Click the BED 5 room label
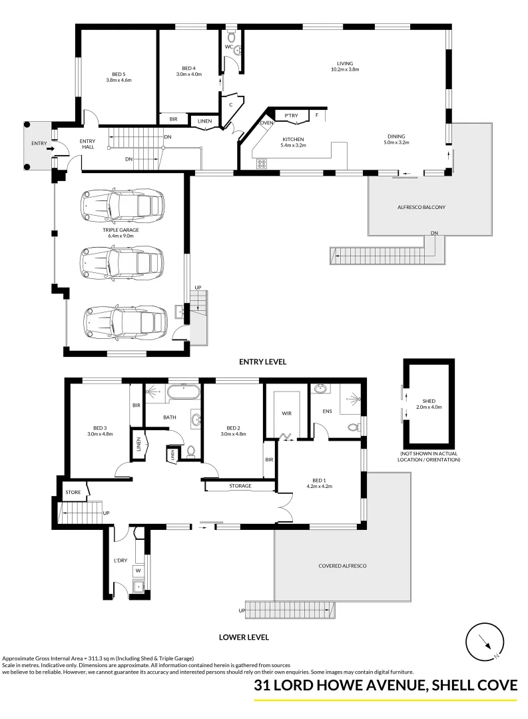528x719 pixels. (x=119, y=75)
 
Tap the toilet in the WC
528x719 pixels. (x=232, y=35)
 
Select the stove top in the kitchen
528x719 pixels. (x=262, y=164)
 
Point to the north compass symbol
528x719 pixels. (x=485, y=642)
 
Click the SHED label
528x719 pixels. (x=428, y=401)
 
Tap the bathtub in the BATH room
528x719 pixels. (x=183, y=393)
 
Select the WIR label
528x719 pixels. (x=287, y=413)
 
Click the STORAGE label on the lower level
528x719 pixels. (x=240, y=485)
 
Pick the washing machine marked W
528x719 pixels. (x=138, y=571)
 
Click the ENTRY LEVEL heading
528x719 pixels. (x=262, y=361)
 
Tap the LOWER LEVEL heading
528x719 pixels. (x=244, y=637)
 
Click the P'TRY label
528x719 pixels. (x=291, y=116)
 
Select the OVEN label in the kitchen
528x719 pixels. (x=266, y=123)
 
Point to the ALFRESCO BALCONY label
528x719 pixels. (x=421, y=207)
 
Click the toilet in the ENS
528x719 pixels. (x=354, y=427)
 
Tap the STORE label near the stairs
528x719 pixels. (x=73, y=493)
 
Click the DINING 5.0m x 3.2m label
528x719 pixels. (x=396, y=139)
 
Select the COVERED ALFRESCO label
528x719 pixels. (x=342, y=566)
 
